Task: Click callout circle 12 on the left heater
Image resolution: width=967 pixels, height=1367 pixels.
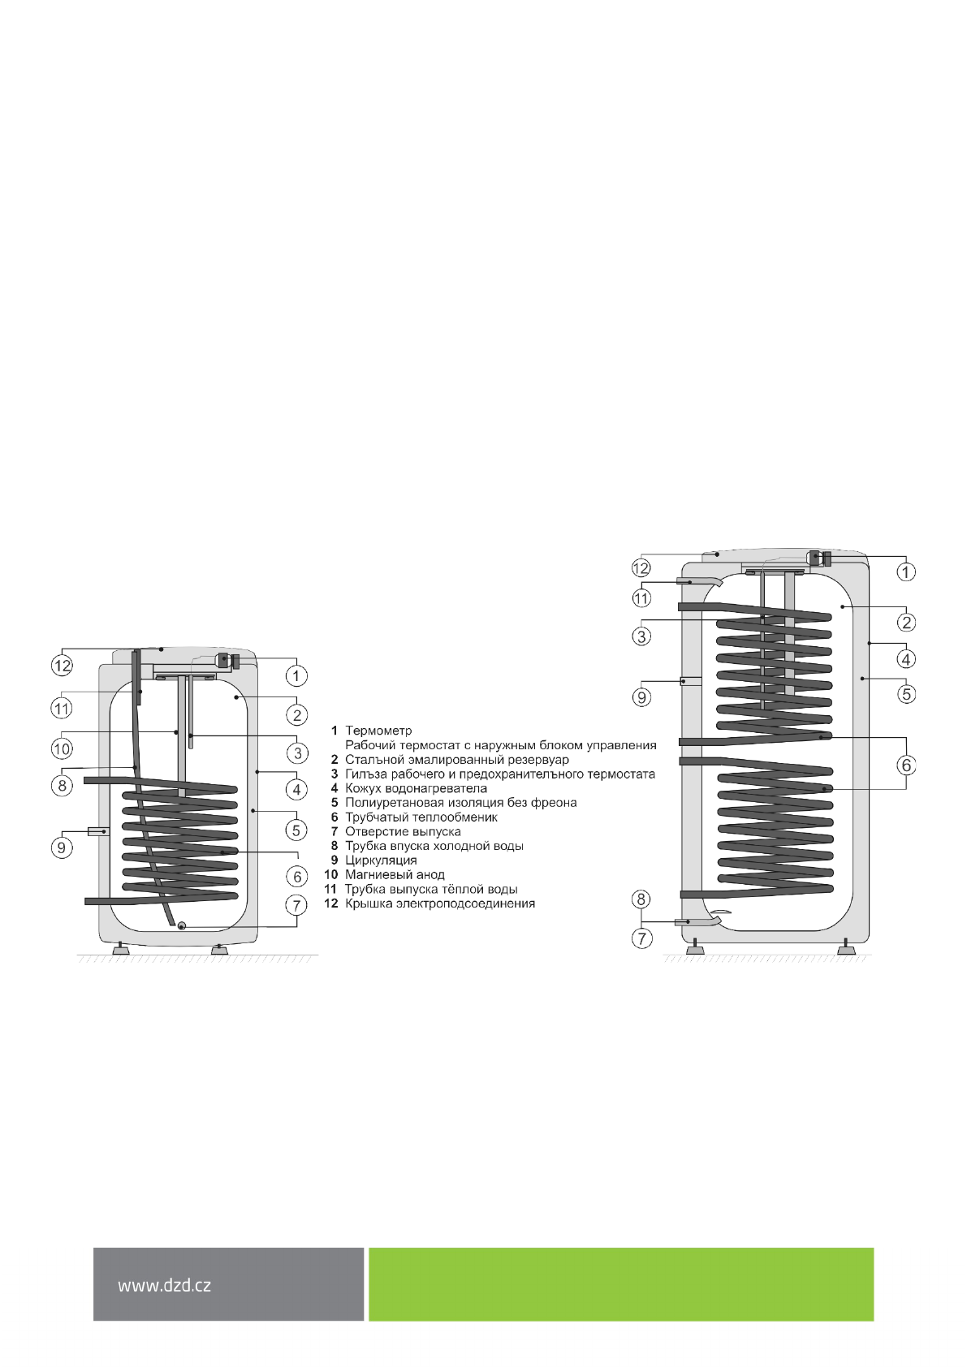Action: click(x=62, y=665)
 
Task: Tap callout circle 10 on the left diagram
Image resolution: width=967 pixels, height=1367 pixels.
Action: click(x=62, y=748)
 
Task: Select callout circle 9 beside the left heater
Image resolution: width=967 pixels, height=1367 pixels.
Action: click(x=62, y=847)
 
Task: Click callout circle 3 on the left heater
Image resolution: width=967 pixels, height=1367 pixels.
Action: click(x=297, y=753)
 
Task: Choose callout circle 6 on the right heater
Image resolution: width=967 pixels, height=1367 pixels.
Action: click(x=906, y=765)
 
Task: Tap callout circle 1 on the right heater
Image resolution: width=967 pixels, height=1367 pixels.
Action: click(x=906, y=571)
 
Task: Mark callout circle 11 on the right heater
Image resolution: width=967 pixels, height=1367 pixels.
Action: click(x=641, y=598)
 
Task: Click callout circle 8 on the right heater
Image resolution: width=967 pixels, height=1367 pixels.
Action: click(x=641, y=899)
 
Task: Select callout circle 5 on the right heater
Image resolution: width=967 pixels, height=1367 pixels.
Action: click(x=907, y=694)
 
